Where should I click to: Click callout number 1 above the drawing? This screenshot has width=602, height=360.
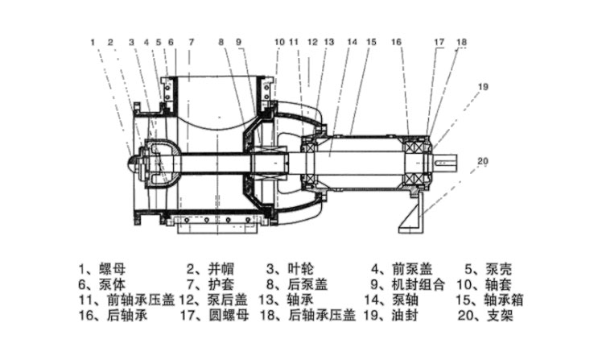[x=93, y=41]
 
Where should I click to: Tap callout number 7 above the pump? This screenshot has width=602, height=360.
[x=192, y=41]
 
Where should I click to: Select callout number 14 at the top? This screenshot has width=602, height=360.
[x=352, y=41]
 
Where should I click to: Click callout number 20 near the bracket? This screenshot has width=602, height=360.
[x=482, y=162]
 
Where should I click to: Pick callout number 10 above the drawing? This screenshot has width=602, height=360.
[x=278, y=41]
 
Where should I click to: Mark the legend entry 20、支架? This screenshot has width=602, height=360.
[x=488, y=315]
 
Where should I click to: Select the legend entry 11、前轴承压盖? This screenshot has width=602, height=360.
[x=126, y=300]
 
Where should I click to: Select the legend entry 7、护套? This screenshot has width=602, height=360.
[x=208, y=284]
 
